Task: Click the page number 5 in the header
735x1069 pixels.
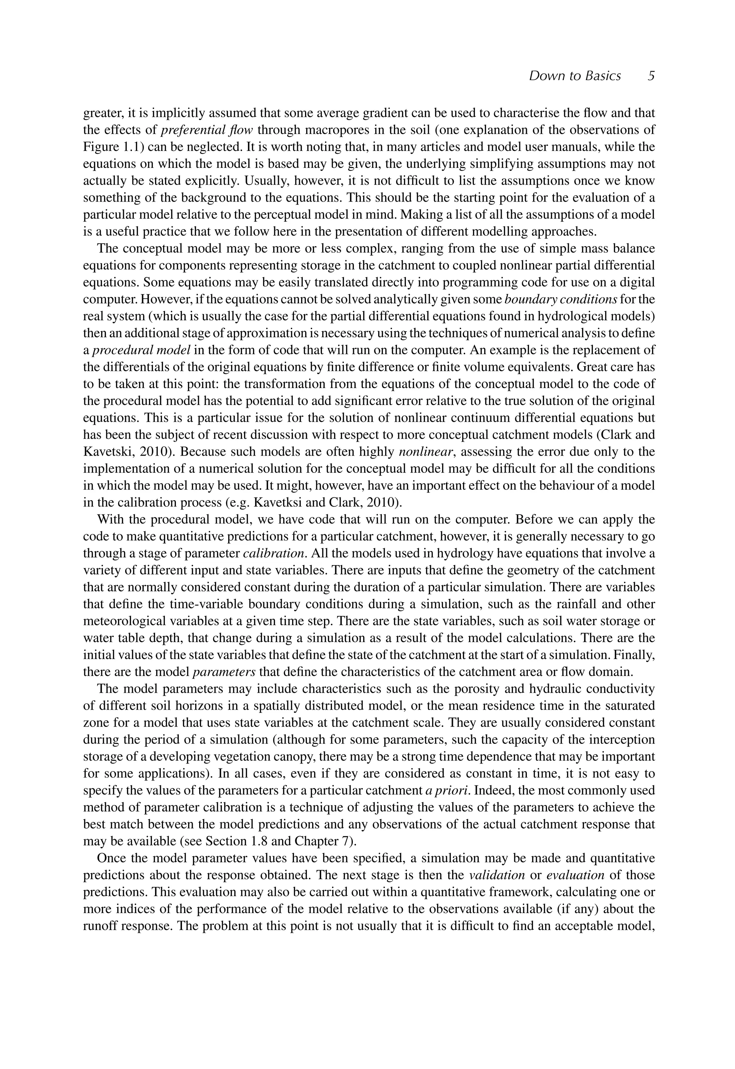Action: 651,75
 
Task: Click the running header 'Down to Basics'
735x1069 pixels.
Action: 574,75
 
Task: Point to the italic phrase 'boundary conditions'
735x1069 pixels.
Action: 561,299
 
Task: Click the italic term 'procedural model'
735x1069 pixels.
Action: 141,350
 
